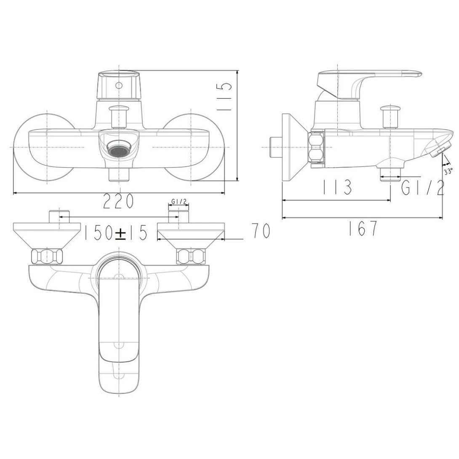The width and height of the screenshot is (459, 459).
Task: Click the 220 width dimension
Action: [x=119, y=202]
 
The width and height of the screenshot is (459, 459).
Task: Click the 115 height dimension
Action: [x=226, y=97]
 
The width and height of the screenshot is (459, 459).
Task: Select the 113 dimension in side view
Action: [x=337, y=188]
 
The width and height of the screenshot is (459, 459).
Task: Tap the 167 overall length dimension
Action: [x=363, y=229]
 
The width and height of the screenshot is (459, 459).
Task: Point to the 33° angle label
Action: [x=448, y=171]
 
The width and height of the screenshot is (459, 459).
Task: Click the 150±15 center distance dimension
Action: [x=115, y=232]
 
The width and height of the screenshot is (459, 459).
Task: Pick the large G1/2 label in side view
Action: [x=422, y=188]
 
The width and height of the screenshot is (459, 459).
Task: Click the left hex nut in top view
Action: [x=47, y=256]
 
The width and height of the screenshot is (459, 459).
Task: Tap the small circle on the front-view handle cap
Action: [x=119, y=85]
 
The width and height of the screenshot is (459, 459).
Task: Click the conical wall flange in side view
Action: [x=295, y=147]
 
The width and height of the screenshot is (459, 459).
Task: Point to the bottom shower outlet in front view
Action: [x=119, y=174]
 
